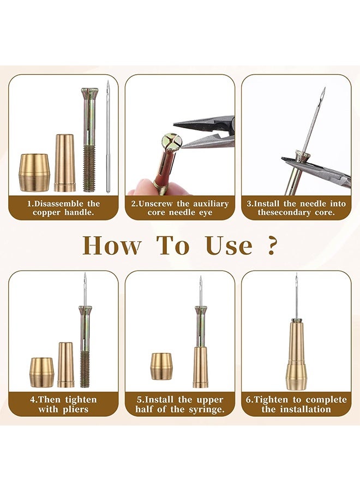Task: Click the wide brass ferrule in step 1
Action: point(34,172)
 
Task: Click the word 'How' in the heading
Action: point(111,245)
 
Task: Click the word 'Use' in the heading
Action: point(229,245)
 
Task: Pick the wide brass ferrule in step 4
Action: point(41,372)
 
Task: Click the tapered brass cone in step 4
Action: point(65,364)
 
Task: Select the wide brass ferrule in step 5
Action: point(161,366)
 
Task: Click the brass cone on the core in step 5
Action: point(200,367)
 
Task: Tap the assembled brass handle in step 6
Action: point(296,355)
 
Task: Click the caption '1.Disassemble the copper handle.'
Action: point(63,208)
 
